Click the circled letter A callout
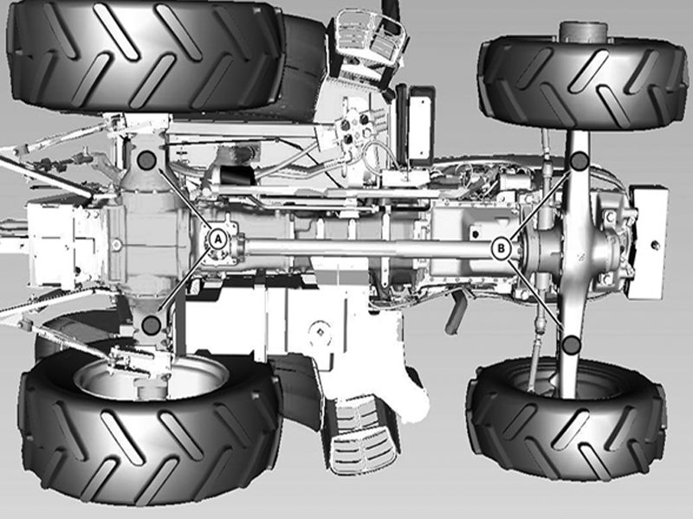(217, 240)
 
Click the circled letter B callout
(501, 248)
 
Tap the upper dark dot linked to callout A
(146, 160)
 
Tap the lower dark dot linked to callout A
(151, 325)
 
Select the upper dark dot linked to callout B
(579, 161)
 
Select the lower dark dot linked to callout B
(572, 344)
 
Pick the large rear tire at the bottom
(150, 430)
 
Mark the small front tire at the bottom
(567, 420)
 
